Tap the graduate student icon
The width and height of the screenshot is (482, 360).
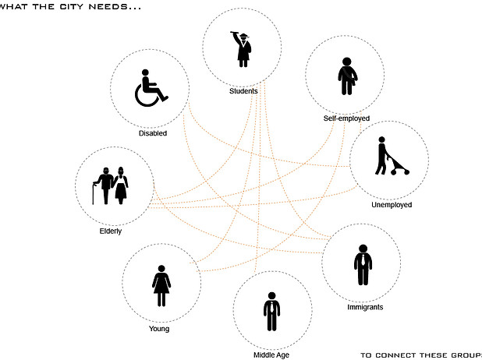243,48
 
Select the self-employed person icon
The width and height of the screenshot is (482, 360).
346,76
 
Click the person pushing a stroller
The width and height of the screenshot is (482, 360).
383,157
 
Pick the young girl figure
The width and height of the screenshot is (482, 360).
161,286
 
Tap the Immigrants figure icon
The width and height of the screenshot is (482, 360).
362,265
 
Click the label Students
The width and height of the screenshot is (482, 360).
243,91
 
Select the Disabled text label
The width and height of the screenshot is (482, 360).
153,133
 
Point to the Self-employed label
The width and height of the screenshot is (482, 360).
346,118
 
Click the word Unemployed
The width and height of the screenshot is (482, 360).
392,205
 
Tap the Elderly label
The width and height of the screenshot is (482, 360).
110,231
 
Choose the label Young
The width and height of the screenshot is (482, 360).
159,329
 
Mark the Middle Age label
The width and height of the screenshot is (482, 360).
271,355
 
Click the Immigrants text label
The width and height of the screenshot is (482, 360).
364,307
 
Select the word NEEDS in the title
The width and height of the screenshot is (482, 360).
98,7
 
